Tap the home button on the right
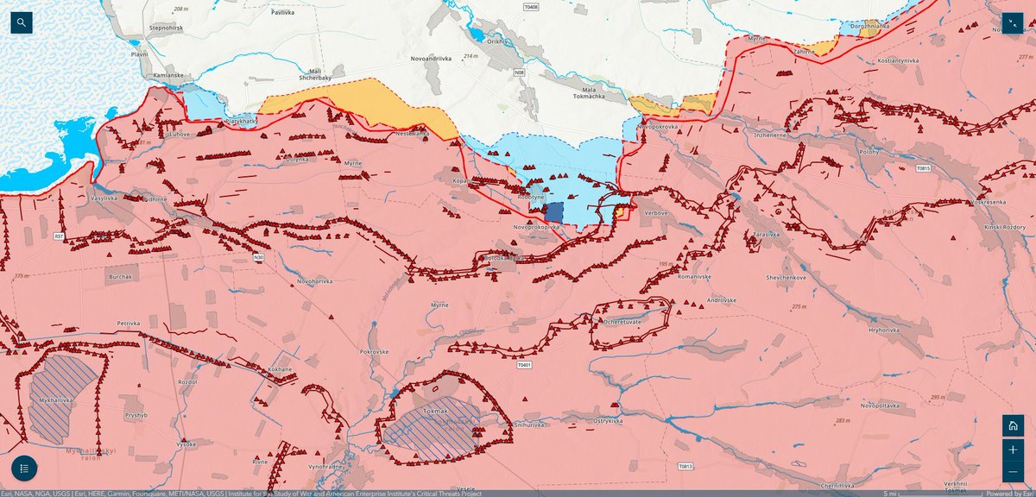[1013, 425]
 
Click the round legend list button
[24, 469]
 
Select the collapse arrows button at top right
[1012, 24]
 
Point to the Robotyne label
[530, 197]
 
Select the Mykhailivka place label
[61, 401]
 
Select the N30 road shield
[259, 256]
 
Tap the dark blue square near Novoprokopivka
[553, 212]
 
